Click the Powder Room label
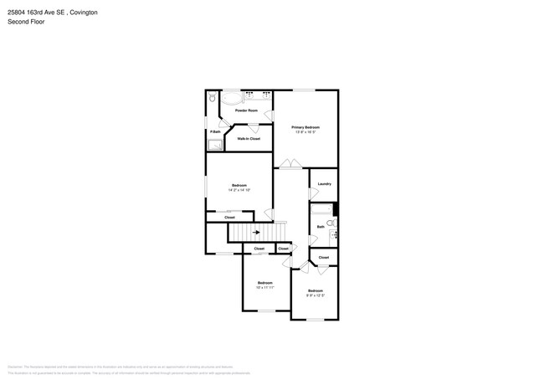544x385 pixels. pyautogui.click(x=246, y=110)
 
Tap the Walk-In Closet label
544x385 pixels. pyautogui.click(x=249, y=139)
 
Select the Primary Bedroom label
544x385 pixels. pyautogui.click(x=305, y=127)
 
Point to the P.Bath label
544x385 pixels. pyautogui.click(x=215, y=131)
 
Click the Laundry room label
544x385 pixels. pyautogui.click(x=325, y=184)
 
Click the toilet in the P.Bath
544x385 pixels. pyautogui.click(x=213, y=98)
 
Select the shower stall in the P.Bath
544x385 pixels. pyautogui.click(x=215, y=145)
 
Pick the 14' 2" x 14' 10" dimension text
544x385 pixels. pyautogui.click(x=239, y=190)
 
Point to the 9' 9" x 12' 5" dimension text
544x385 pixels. pyautogui.click(x=315, y=295)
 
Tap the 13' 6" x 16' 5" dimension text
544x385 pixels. pyautogui.click(x=305, y=132)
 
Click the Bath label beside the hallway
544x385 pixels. pyautogui.click(x=321, y=227)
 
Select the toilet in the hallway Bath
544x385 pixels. pyautogui.click(x=331, y=224)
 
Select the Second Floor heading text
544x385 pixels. pyautogui.click(x=27, y=22)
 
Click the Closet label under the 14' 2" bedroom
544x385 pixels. pyautogui.click(x=229, y=218)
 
